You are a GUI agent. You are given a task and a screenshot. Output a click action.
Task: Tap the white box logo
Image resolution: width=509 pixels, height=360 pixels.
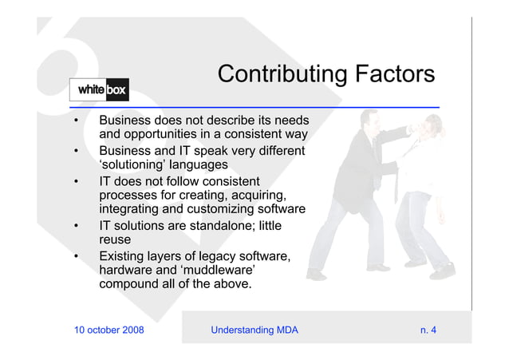[x=99, y=90]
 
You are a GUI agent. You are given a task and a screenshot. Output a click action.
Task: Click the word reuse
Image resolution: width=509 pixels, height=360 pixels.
[x=115, y=240]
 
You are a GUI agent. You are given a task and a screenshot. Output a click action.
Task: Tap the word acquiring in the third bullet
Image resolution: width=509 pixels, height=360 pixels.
[x=257, y=196]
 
